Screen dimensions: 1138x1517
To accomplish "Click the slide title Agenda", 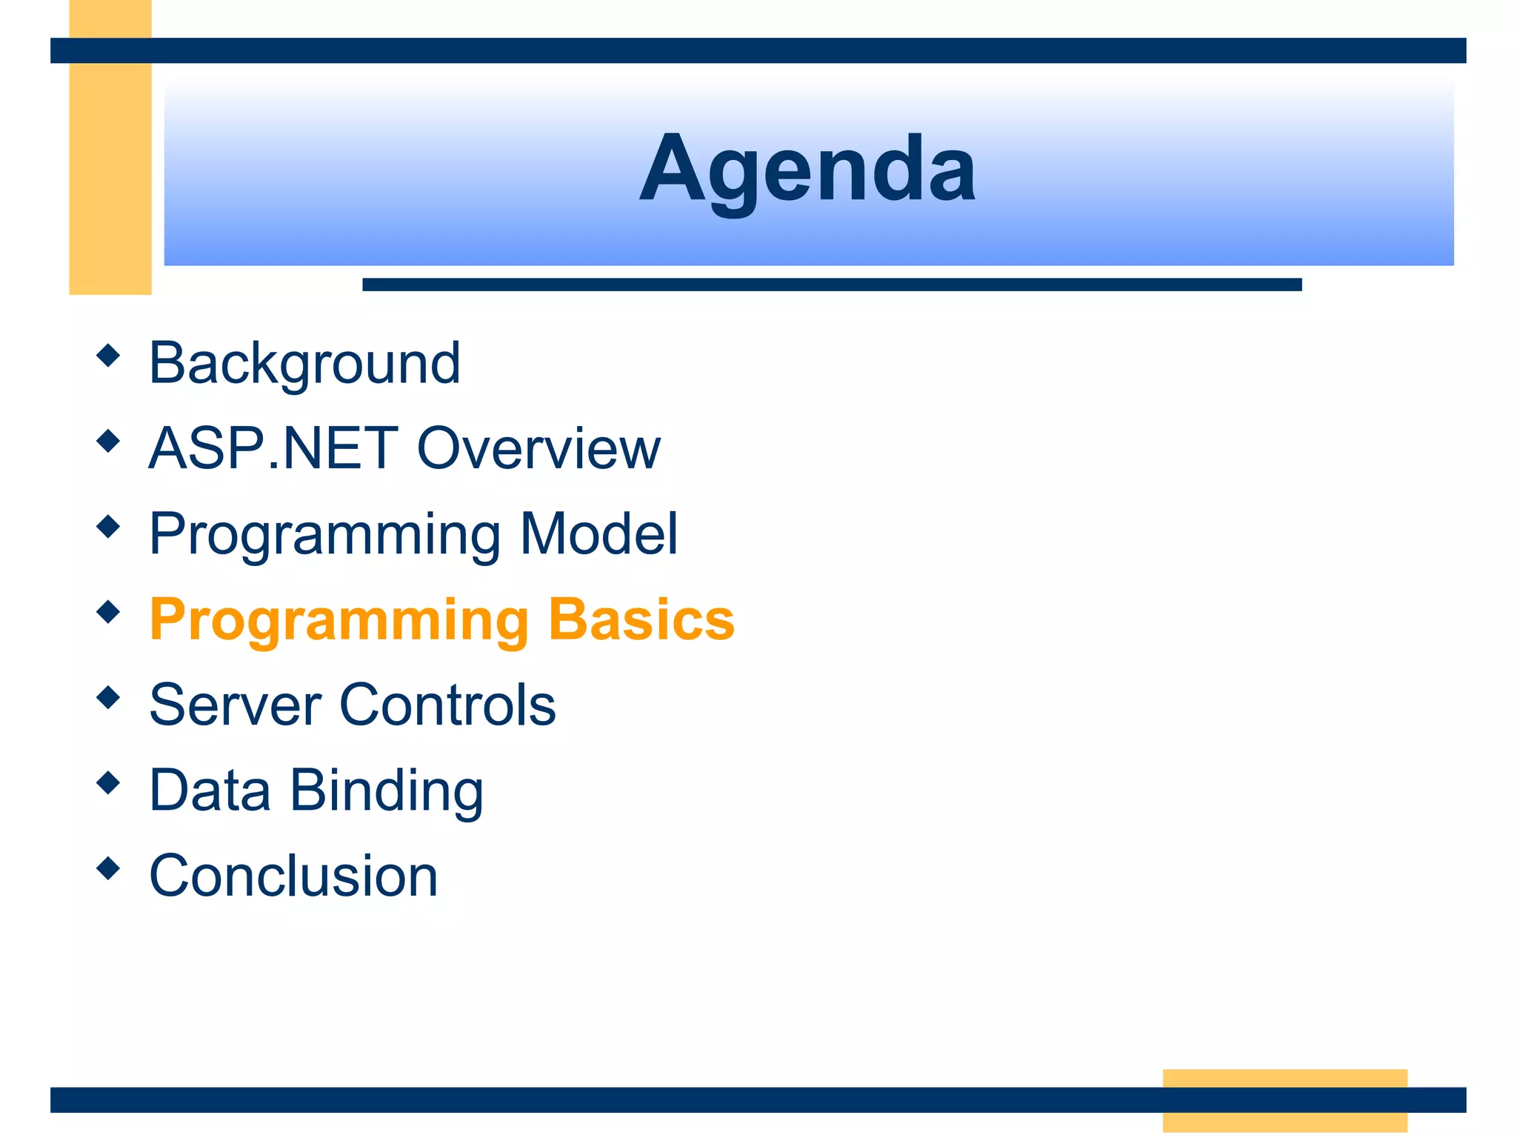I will (807, 169).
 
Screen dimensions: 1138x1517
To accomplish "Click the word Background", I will (304, 363).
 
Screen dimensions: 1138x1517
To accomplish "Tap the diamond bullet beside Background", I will (108, 356).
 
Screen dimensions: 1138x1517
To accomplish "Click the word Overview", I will (539, 448).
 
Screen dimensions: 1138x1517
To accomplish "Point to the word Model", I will (599, 533).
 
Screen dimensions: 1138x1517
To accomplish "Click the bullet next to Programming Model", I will (108, 527).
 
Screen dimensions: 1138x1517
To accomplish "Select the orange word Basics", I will (641, 619).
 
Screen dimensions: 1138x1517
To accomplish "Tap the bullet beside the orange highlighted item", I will (108, 612).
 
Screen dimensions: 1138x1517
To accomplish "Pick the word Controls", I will (447, 705).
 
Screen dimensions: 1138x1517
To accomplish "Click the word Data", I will (210, 790).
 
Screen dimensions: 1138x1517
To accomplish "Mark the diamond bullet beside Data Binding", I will (108, 782).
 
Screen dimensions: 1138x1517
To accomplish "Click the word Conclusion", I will (293, 876).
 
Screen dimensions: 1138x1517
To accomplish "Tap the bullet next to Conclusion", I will (108, 868).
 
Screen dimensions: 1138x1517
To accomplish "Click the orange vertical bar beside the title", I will (110, 178).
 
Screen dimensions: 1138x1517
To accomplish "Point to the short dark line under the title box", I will (831, 284).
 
